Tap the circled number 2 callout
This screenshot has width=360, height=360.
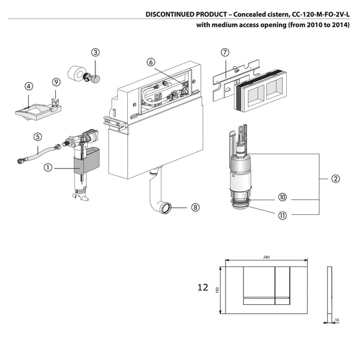click(335, 178)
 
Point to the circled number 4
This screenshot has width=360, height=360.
click(28, 86)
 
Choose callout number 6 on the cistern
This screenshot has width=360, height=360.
click(151, 62)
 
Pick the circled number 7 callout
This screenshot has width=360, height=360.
click(225, 52)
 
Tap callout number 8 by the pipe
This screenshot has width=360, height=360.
click(195, 207)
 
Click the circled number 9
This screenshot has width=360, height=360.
click(56, 82)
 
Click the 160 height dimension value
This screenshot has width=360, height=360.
click(218, 289)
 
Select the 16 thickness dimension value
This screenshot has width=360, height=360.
click(337, 320)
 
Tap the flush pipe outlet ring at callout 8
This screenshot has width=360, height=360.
click(165, 208)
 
